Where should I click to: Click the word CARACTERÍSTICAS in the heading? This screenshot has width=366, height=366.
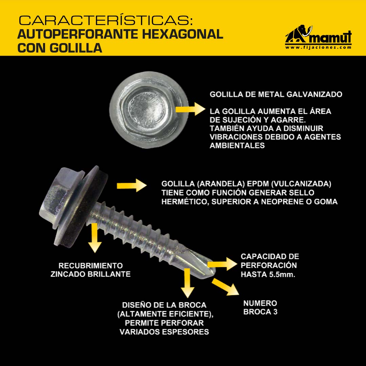tap(106, 20)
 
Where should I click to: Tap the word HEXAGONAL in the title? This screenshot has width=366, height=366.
tap(183, 34)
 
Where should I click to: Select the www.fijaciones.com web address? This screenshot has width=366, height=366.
tap(318, 47)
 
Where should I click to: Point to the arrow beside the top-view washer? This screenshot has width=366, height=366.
tap(190, 109)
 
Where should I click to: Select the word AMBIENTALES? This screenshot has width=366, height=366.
tap(237, 145)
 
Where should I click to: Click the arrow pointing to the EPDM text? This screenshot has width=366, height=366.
tap(131, 186)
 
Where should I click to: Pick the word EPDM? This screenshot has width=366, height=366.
tap(258, 184)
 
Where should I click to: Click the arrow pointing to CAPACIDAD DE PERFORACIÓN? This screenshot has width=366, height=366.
tap(222, 264)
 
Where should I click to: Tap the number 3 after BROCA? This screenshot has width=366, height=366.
tap(275, 312)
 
